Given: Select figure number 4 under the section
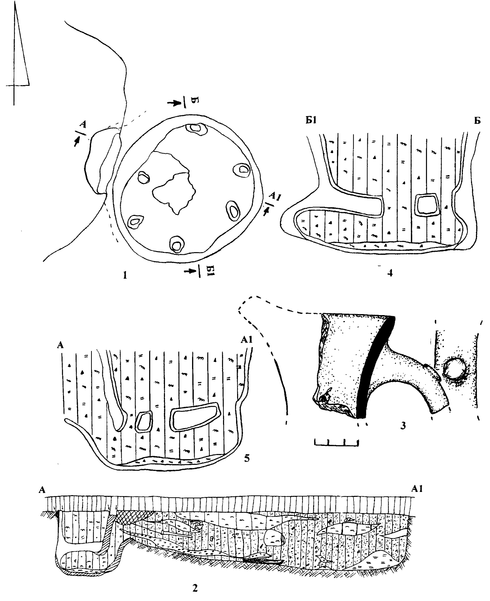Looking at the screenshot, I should tap(390, 273).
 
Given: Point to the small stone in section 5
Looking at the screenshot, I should tap(144, 421).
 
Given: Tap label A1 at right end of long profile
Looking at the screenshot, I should tap(416, 489).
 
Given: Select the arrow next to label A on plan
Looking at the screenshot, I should tap(76, 141).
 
